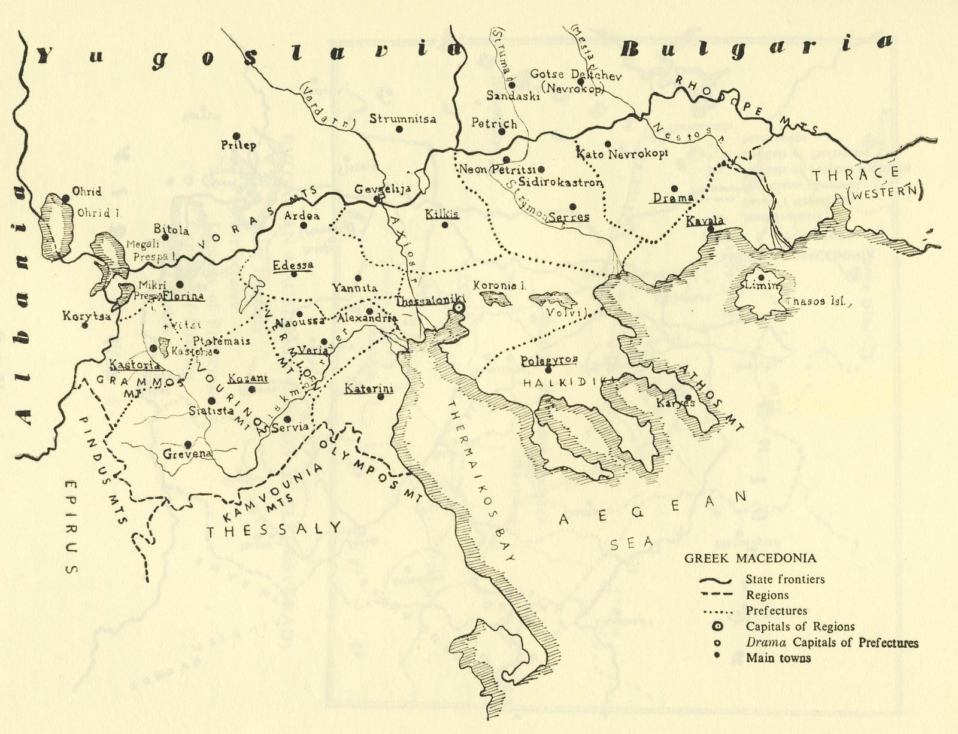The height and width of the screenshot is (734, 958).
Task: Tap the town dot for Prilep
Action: tap(237, 136)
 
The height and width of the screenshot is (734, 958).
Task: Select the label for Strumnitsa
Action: tap(402, 119)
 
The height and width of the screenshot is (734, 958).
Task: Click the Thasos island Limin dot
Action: tap(760, 277)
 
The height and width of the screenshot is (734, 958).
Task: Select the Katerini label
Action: tap(368, 389)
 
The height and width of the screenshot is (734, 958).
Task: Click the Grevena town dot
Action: tap(188, 444)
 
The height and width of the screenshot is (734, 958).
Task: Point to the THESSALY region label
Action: tap(273, 529)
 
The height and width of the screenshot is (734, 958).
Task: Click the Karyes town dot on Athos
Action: tap(688, 397)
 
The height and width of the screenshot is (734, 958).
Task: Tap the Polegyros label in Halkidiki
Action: tap(548, 360)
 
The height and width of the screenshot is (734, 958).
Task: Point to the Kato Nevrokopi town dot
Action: tap(608, 144)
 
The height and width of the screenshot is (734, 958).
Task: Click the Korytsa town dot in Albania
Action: tap(85, 326)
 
